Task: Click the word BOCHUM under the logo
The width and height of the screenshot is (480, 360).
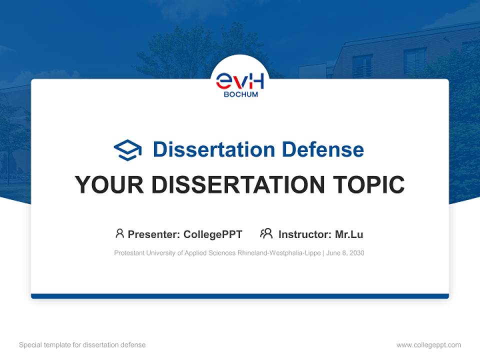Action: (240, 94)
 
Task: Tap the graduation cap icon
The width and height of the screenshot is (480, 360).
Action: (127, 149)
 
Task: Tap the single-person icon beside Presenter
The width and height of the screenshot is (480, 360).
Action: (119, 233)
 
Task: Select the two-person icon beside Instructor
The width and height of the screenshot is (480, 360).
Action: (266, 233)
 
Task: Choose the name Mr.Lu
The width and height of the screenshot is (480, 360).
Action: (349, 234)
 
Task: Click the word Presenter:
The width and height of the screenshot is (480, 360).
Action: (154, 234)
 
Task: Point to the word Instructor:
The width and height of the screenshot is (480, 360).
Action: (304, 234)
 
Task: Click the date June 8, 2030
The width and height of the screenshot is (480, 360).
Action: (346, 253)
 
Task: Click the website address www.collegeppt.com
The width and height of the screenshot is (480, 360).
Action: (428, 345)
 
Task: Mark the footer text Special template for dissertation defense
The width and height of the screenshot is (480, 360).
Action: (82, 345)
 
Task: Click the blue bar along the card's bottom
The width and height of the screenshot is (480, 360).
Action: (240, 296)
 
